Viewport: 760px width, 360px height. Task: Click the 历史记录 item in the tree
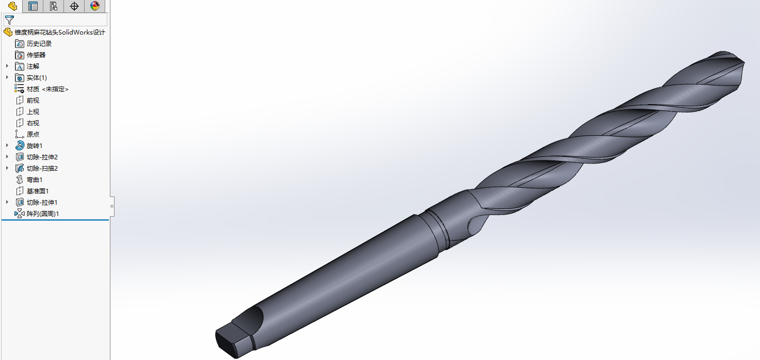click(x=39, y=44)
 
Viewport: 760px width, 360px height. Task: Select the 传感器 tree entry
click(x=36, y=55)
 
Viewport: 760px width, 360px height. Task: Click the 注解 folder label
click(x=33, y=67)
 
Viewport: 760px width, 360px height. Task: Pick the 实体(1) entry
click(x=37, y=78)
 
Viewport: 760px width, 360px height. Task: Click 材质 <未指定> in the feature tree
click(x=47, y=89)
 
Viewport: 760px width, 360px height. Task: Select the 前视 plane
click(x=33, y=101)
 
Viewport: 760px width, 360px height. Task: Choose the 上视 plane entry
click(x=33, y=112)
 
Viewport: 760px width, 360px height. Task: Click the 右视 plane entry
click(x=33, y=123)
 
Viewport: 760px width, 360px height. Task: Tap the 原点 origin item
click(x=33, y=135)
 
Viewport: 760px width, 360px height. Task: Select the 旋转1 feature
click(x=35, y=146)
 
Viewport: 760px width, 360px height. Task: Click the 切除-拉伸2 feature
click(x=42, y=157)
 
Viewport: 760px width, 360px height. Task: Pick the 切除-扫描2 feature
click(x=42, y=169)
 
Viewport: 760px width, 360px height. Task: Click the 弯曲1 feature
click(x=35, y=180)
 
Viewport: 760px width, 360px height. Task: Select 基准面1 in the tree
click(x=38, y=191)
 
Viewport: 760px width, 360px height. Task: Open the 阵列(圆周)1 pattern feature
click(x=43, y=214)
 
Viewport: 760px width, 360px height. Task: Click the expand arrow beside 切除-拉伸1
click(x=7, y=203)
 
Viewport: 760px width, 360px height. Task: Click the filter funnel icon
click(x=9, y=20)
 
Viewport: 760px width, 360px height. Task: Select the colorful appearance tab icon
click(x=94, y=6)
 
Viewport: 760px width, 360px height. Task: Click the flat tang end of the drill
click(x=230, y=341)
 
